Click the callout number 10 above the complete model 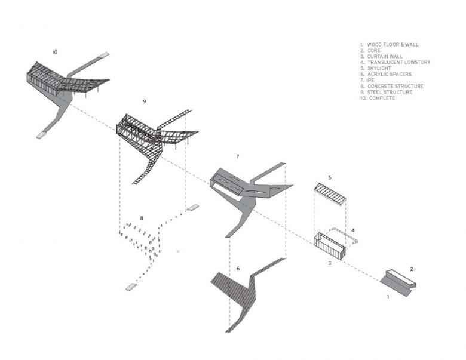tap(55, 53)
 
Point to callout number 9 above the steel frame tap(145, 102)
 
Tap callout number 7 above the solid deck tap(238, 156)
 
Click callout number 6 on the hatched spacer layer tap(238, 269)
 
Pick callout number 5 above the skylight tap(329, 177)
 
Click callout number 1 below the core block tap(388, 296)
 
